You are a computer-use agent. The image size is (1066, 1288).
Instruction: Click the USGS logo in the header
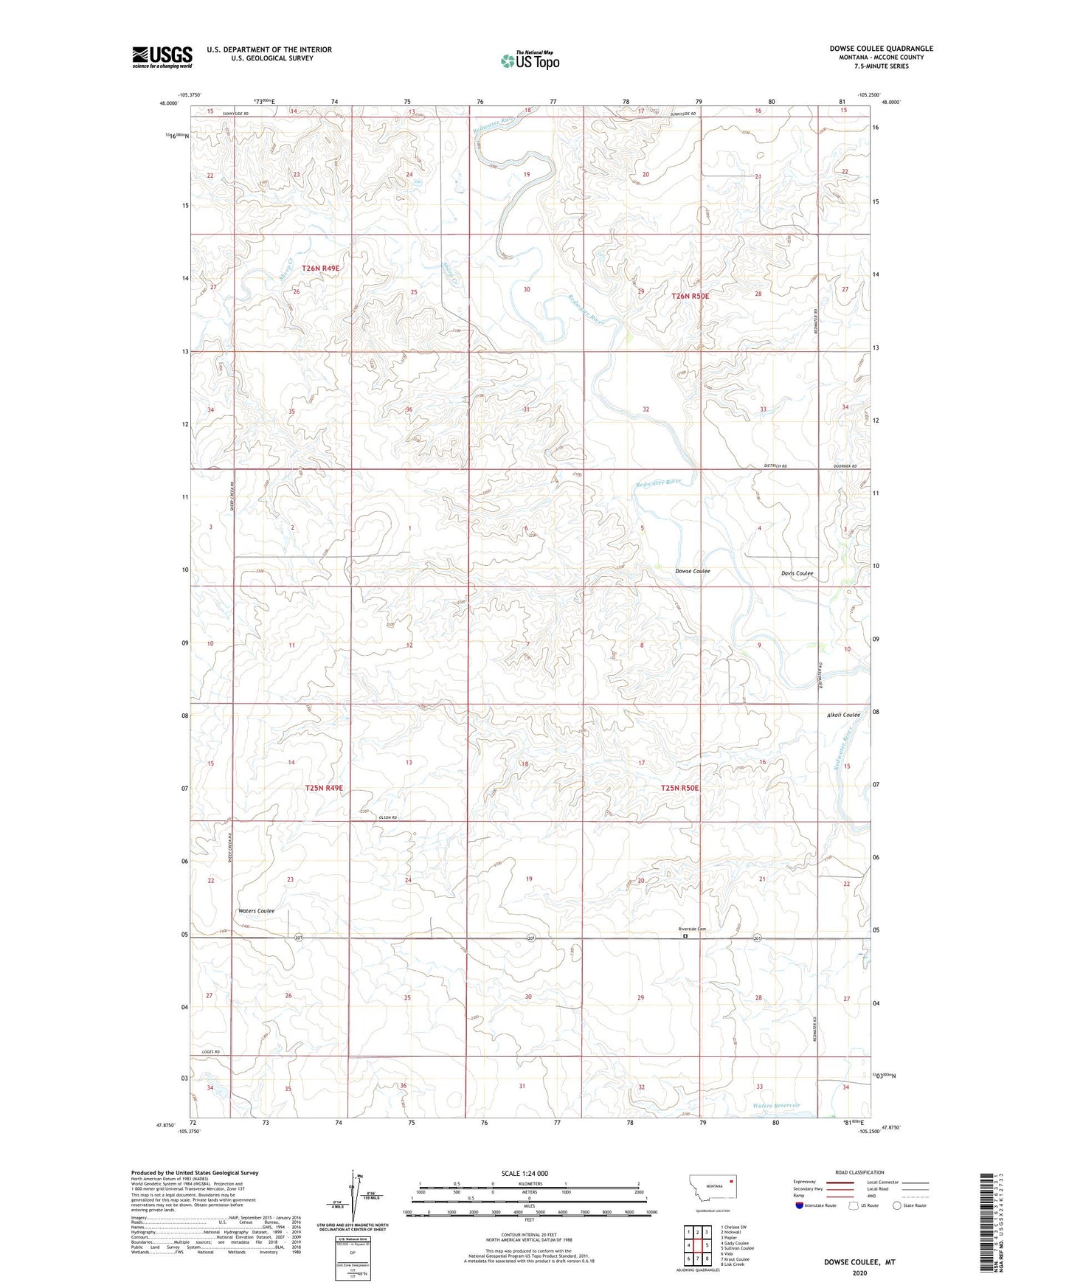(162, 57)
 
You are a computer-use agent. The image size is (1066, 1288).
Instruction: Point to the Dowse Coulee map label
(692, 571)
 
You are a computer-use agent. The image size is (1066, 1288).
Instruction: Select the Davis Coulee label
(797, 573)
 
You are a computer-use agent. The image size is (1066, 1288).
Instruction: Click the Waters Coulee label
(256, 911)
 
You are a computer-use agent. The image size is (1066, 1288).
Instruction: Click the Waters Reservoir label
(776, 1105)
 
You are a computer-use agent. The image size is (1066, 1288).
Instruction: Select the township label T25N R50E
(679, 788)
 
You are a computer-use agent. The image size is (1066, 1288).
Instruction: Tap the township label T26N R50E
(690, 296)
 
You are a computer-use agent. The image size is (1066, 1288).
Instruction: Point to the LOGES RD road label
(210, 1052)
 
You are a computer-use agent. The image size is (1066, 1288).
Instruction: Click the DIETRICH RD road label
(775, 466)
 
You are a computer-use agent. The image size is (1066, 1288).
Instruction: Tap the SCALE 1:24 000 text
(525, 1173)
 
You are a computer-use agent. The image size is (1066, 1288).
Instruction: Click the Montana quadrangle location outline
(712, 1191)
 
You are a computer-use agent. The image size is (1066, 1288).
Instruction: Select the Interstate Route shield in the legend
(800, 1206)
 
